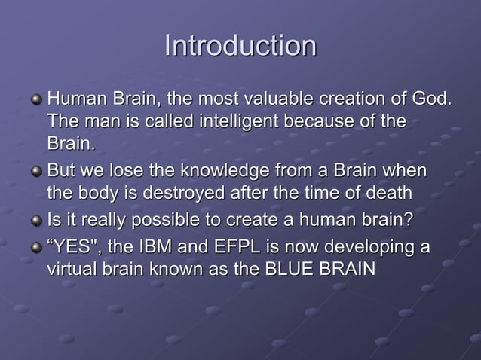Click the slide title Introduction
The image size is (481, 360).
click(240, 46)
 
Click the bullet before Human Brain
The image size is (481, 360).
click(35, 100)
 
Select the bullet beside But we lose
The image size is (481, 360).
click(35, 172)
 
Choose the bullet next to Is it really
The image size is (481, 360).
click(35, 221)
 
